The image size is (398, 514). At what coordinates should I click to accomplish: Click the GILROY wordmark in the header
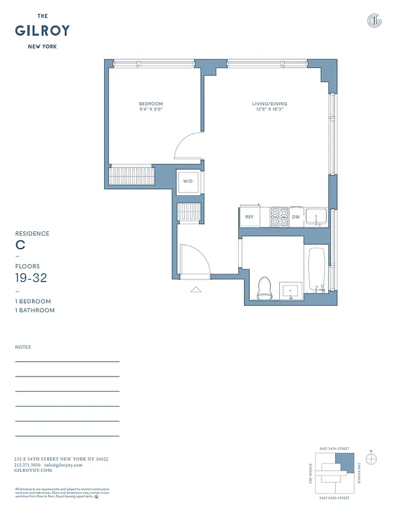coord(42,30)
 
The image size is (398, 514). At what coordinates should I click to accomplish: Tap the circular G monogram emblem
coord(374,21)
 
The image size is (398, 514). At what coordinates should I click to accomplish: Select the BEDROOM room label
coord(151,103)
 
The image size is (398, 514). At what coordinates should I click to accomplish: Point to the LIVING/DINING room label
coord(269,103)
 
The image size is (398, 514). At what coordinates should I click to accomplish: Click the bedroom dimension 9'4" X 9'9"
coord(151,109)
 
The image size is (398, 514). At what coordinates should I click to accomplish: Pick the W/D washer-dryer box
coord(188,182)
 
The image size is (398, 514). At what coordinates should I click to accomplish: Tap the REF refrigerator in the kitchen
coord(249,217)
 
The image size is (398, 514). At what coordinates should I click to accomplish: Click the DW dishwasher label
coord(296,217)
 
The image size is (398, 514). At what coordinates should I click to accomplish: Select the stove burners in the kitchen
coord(279,217)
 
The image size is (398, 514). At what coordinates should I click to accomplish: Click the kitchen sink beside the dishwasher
coord(316,217)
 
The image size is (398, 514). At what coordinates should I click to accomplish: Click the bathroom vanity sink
coord(290,290)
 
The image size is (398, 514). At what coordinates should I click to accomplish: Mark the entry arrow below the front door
coord(195,290)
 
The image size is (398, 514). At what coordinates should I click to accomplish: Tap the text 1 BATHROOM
coord(35,310)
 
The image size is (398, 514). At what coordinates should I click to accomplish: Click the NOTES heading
coord(23,347)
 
